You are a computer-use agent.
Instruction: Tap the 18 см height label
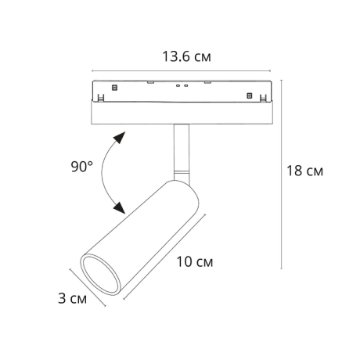pyautogui.click(x=304, y=171)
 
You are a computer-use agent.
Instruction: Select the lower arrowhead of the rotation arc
pyautogui.click(x=119, y=207)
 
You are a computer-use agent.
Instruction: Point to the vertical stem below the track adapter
pyautogui.click(x=181, y=146)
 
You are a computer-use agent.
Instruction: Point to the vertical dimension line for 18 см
pyautogui.click(x=280, y=172)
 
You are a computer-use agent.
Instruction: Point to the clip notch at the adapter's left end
pyautogui.click(x=99, y=99)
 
